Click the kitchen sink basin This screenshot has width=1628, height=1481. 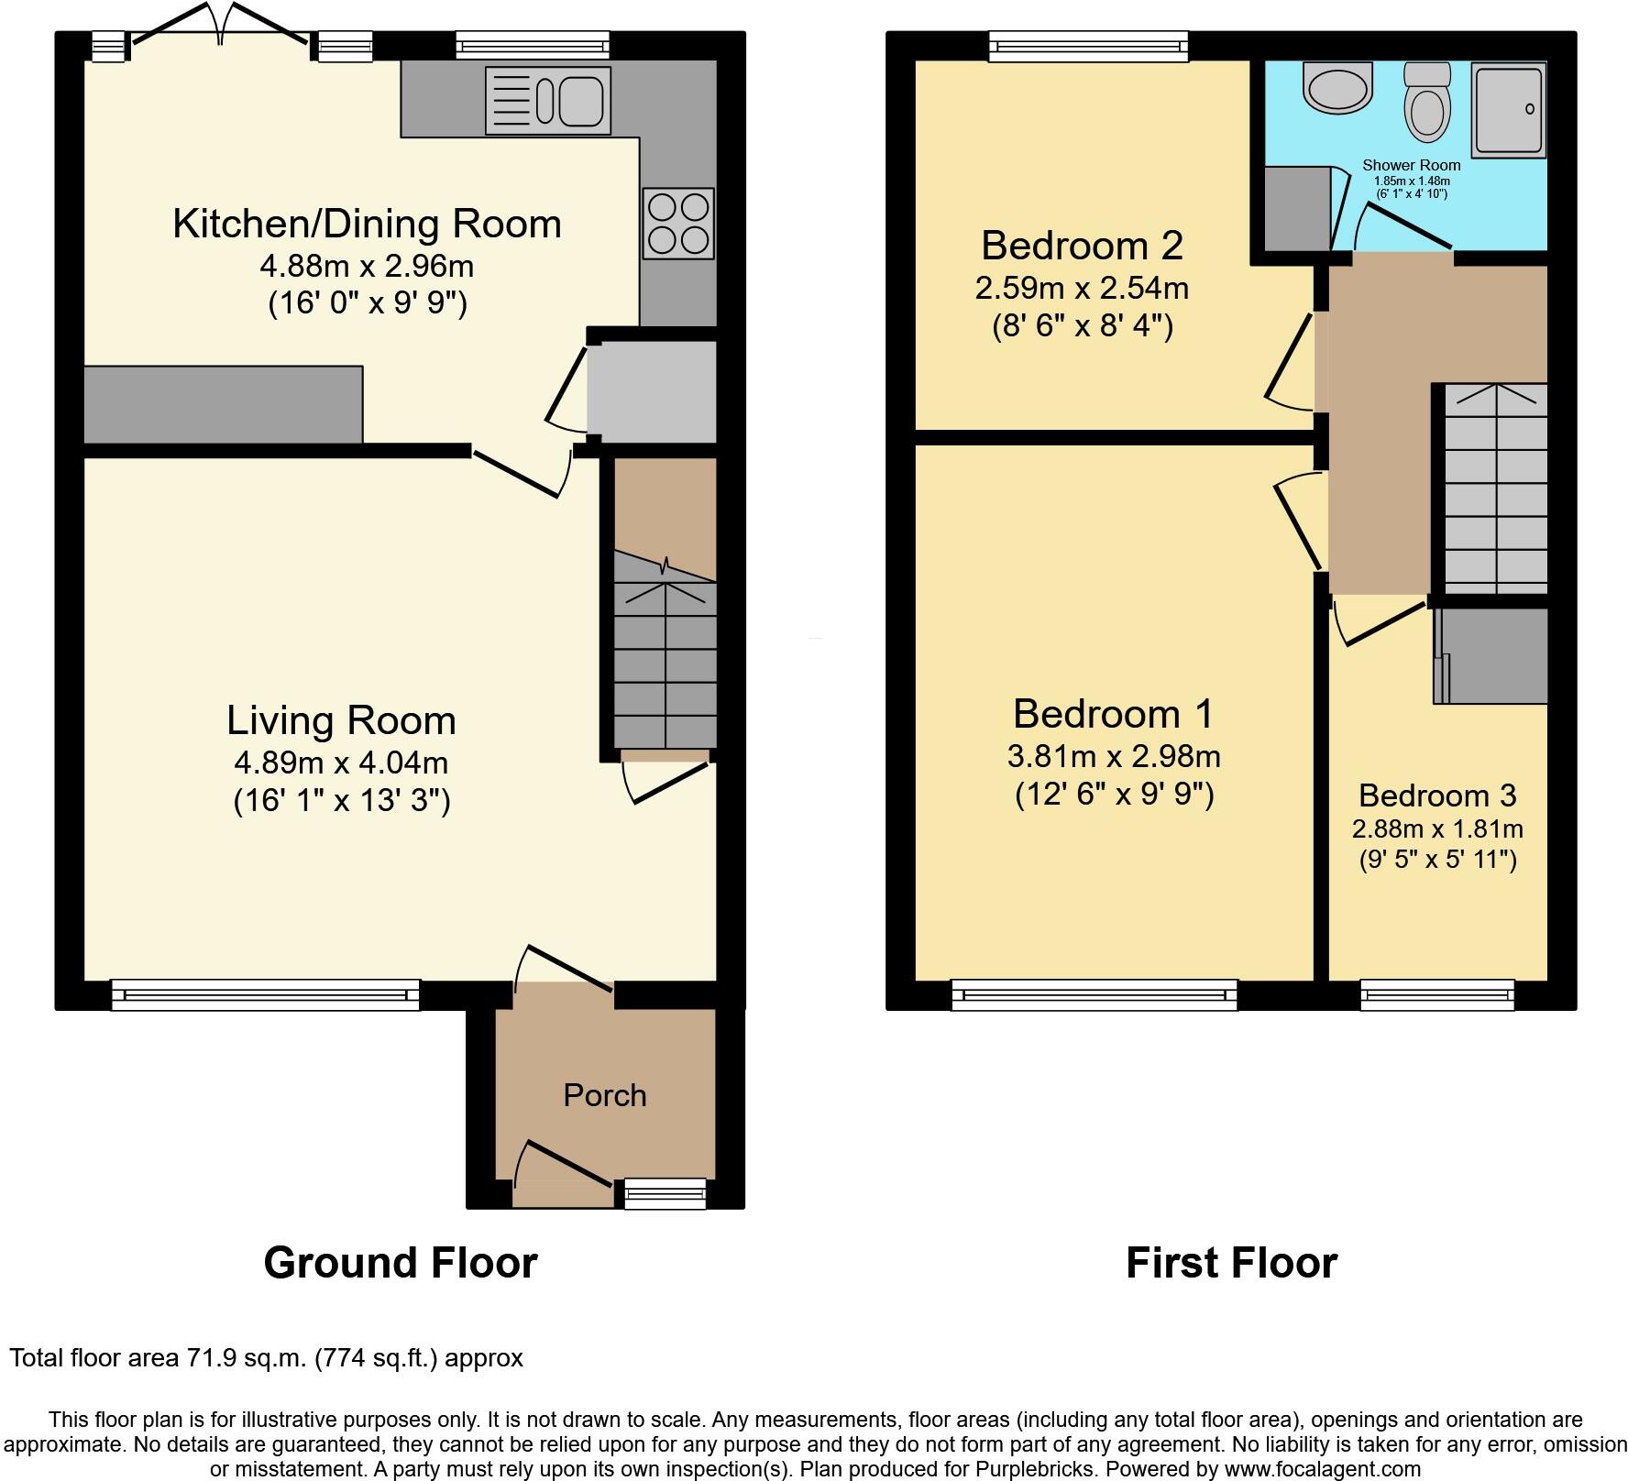click(x=580, y=101)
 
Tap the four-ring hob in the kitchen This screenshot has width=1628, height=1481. click(x=678, y=224)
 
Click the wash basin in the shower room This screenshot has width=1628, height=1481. click(x=1338, y=90)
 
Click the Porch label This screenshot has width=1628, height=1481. click(x=604, y=1095)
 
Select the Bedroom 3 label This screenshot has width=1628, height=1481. click(x=1436, y=795)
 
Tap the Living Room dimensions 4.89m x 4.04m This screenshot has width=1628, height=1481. click(x=341, y=762)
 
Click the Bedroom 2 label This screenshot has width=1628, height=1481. click(x=1082, y=246)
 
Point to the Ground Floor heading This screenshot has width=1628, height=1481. click(x=400, y=1263)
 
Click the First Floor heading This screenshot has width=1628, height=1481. click(x=1231, y=1263)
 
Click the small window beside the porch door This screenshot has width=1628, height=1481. click(x=665, y=1193)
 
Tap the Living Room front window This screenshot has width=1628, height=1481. click(x=265, y=994)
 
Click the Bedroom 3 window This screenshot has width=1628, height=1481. click(x=1436, y=994)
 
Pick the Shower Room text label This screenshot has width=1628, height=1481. click(x=1411, y=166)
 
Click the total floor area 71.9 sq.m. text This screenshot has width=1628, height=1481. click(x=266, y=1358)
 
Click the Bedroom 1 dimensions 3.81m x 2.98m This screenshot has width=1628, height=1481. click(x=1114, y=756)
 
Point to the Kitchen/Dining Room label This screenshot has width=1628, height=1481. click(x=367, y=224)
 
